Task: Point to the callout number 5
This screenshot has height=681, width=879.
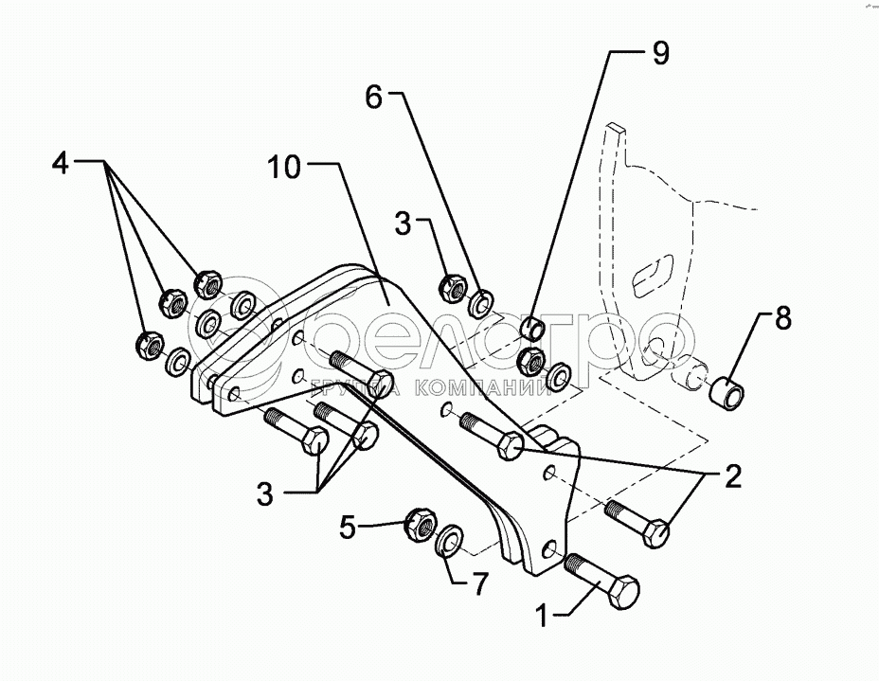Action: [348, 526]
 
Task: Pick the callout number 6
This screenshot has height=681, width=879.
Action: [374, 96]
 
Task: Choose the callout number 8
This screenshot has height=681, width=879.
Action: [781, 318]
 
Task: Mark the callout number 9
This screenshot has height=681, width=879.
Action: [658, 54]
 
